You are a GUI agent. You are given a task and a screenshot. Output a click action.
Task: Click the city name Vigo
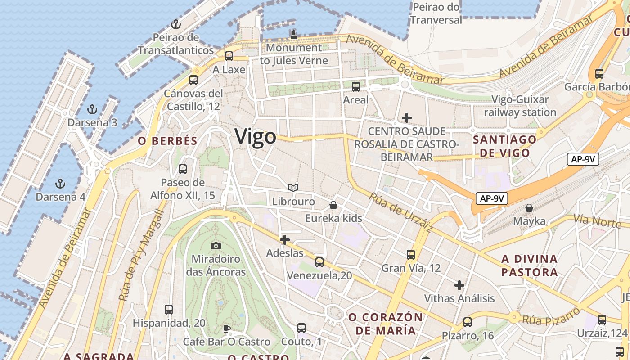[x=255, y=136]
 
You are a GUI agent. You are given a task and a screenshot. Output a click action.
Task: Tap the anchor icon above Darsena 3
[x=92, y=109]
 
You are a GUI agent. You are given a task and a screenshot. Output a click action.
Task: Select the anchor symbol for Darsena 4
[x=59, y=184]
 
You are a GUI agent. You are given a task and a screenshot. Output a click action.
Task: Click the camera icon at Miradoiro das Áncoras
[x=216, y=246]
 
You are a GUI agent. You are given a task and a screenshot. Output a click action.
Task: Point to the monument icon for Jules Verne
[x=294, y=34]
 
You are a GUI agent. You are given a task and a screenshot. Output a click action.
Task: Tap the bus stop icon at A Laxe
[x=229, y=56]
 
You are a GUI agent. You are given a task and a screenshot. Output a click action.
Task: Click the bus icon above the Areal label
[x=356, y=87]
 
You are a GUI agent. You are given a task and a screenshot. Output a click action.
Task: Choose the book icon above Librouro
[x=293, y=188]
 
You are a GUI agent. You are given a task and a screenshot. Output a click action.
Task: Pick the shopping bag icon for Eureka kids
[x=333, y=205]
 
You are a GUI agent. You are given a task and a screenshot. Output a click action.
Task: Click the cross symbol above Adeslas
[x=285, y=240]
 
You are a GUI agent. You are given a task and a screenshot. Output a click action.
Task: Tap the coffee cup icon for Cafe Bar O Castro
[x=227, y=328]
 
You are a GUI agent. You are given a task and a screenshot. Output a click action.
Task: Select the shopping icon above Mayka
[x=529, y=208]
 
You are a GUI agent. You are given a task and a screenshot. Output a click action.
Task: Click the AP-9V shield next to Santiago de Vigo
[x=583, y=159]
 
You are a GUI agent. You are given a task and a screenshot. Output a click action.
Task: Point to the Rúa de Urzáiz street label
[x=401, y=212]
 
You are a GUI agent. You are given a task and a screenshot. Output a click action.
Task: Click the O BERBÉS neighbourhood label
[x=167, y=141]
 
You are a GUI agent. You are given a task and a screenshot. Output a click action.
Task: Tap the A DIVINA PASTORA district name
[x=530, y=265]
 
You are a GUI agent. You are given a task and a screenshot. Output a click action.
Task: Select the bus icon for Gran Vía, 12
[x=411, y=255]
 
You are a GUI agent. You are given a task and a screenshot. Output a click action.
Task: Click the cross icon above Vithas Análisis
[x=459, y=285]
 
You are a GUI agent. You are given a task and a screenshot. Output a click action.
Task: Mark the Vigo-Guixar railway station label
[x=520, y=106]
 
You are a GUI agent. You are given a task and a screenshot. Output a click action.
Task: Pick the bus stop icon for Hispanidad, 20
[x=169, y=310]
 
